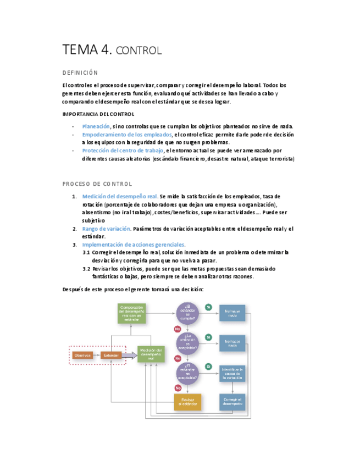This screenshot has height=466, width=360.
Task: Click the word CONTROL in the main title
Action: pos(140,51)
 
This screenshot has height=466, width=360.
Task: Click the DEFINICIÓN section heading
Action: pos(80,73)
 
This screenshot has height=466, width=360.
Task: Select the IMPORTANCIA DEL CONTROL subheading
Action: pos(98,114)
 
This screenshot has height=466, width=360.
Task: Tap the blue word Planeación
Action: pos(96,126)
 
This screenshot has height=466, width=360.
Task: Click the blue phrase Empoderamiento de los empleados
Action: pos(127,135)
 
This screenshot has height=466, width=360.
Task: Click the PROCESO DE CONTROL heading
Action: pos(97,184)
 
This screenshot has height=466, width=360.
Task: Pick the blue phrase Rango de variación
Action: pos(106,229)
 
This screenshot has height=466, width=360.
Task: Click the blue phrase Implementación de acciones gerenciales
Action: pos(133,245)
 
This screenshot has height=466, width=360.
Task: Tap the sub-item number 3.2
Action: pos(86,269)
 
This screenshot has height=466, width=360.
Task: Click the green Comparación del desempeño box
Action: pos(132,314)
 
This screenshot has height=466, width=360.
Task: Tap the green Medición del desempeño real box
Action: pos(151,354)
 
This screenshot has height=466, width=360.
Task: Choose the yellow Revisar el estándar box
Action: pos(187,402)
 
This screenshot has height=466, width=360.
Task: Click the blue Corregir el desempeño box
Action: pos(232,402)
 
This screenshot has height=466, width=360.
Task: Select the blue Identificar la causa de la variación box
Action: pos(232,374)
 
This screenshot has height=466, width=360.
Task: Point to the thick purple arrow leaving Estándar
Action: pos(130,355)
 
